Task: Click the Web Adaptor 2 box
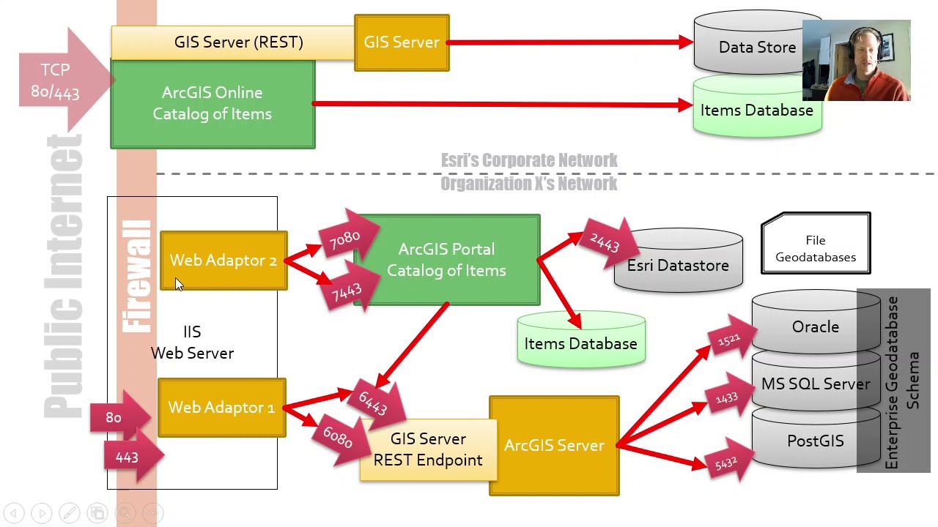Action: coord(224,261)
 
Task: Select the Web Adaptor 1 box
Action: coord(221,408)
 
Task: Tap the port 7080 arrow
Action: coord(346,237)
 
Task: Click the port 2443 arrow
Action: coord(605,243)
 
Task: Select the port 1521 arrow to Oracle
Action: coord(728,340)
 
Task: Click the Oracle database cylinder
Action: coord(815,327)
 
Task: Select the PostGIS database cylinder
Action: coord(815,441)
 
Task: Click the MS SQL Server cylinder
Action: coord(815,384)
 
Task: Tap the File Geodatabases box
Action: coord(816,248)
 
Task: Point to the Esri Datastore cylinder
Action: coord(678,266)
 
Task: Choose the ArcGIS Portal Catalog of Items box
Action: coord(446,260)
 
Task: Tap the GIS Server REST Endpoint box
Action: coord(428,450)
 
